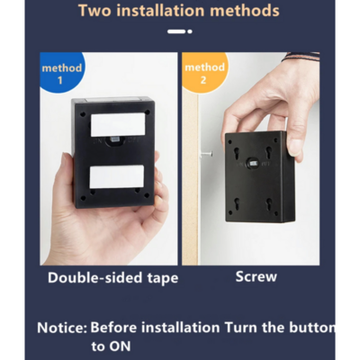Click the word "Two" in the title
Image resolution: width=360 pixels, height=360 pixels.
(x=94, y=11)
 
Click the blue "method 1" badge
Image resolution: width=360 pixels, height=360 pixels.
(x=62, y=73)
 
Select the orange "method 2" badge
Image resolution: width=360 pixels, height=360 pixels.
(x=204, y=72)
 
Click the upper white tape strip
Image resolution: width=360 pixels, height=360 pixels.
(x=118, y=124)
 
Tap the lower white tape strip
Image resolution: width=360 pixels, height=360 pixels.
(x=117, y=177)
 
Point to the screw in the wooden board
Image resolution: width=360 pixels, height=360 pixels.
(x=206, y=154)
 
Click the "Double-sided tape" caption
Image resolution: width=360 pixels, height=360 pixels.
(x=113, y=278)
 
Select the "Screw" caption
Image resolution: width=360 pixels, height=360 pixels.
(x=256, y=276)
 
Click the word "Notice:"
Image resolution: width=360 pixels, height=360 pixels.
(x=62, y=328)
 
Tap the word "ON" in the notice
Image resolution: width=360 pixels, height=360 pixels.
(x=120, y=346)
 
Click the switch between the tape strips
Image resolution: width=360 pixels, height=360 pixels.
(x=115, y=140)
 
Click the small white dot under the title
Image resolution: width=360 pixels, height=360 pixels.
(x=190, y=31)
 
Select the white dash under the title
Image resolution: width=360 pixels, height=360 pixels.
(x=176, y=31)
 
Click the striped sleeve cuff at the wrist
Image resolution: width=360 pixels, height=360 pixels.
(x=301, y=57)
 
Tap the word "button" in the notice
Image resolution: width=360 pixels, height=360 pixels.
(x=312, y=328)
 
